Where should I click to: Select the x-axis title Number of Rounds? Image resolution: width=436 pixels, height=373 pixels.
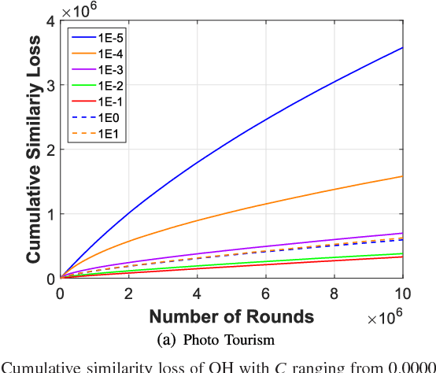coord(231,316)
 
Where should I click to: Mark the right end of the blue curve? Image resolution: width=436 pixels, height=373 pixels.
coord(402,47)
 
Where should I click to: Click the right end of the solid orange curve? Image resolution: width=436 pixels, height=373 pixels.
coord(402,176)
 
